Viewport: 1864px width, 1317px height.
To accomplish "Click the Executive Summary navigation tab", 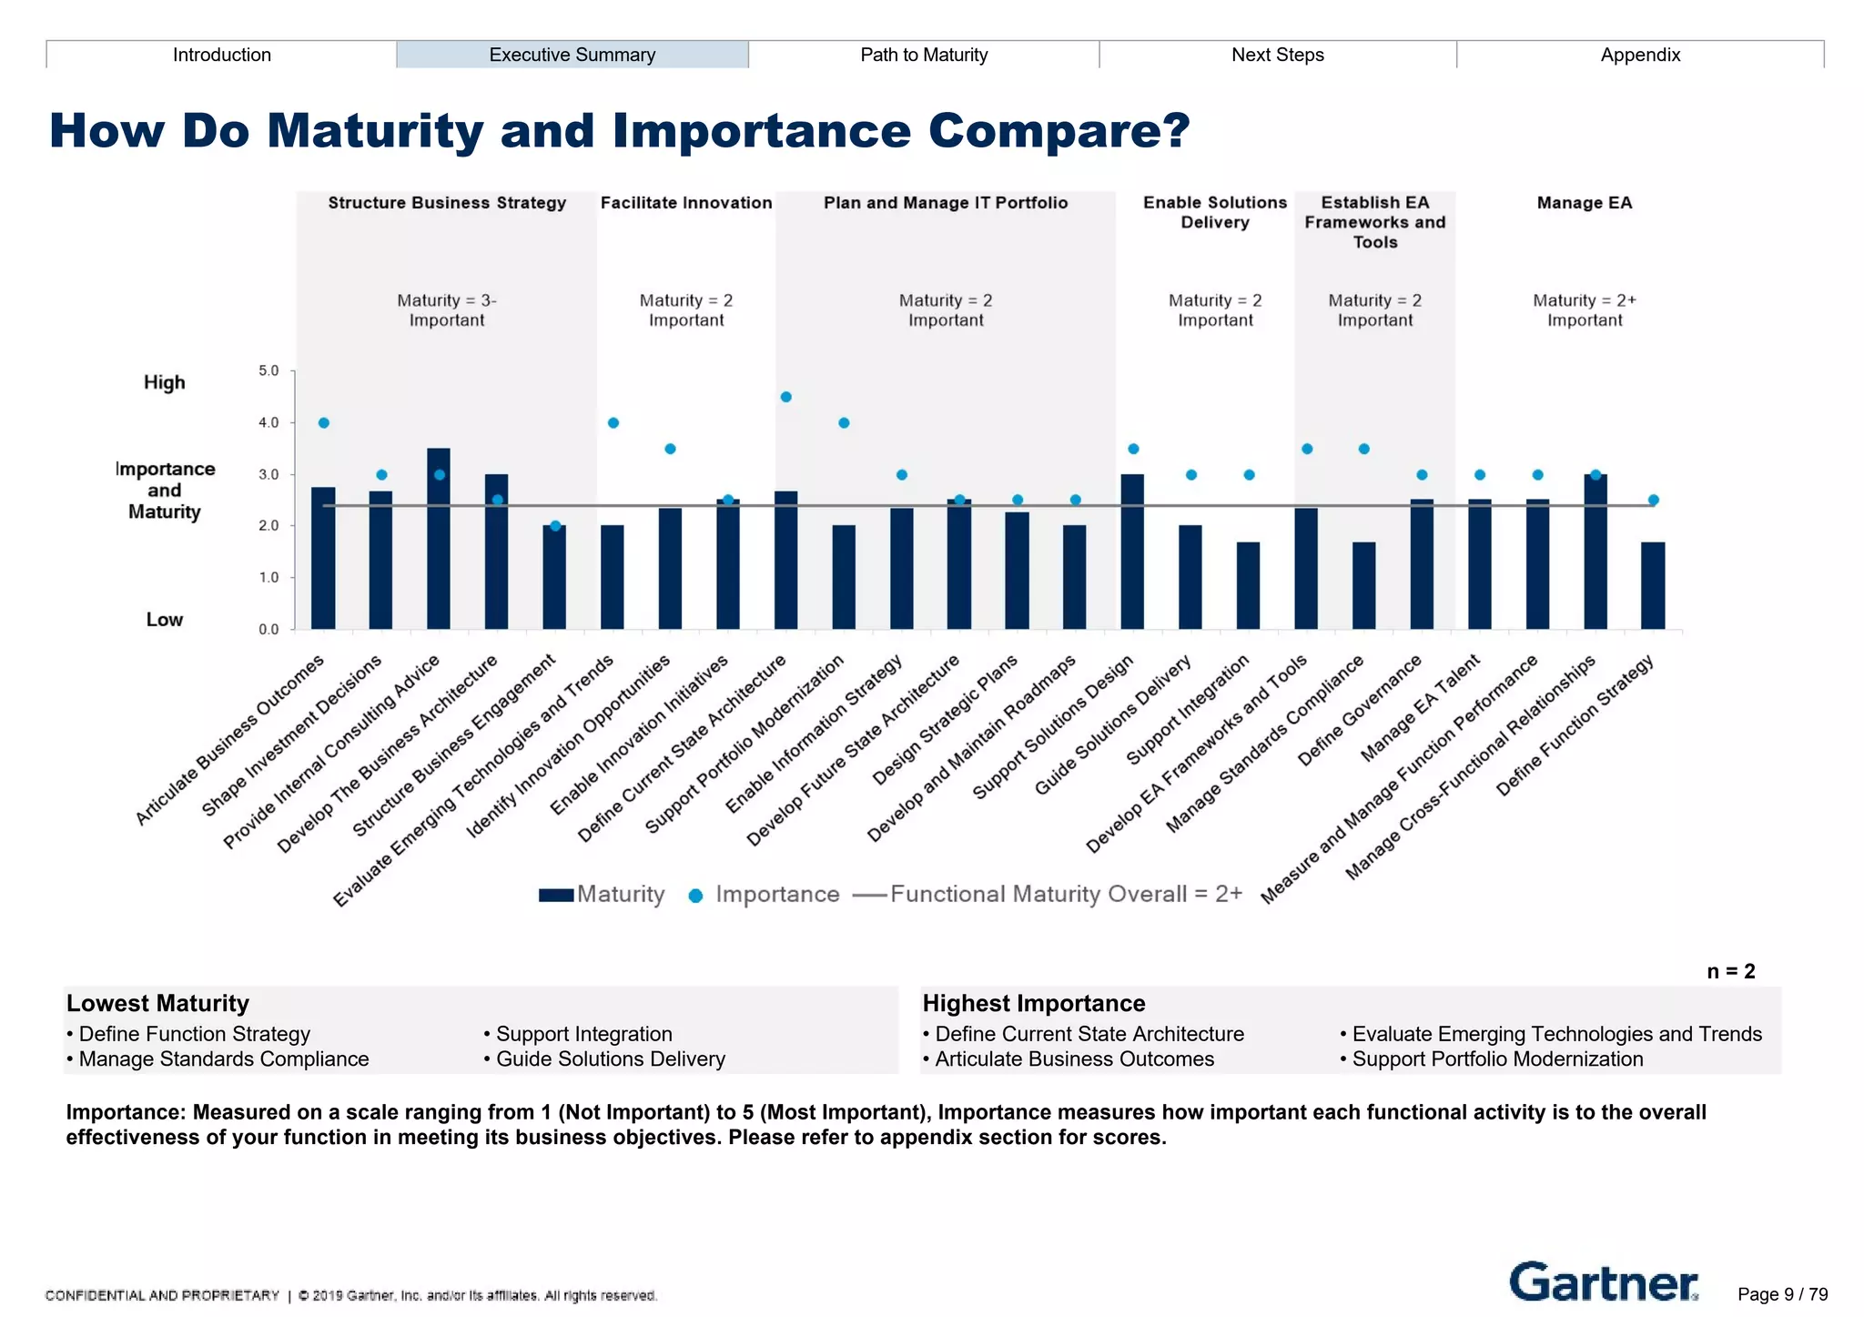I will (572, 55).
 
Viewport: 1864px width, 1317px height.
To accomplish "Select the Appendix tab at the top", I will (1639, 55).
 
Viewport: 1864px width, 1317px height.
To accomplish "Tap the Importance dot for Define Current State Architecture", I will (786, 397).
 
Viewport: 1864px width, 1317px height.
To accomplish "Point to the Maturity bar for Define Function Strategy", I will (1653, 586).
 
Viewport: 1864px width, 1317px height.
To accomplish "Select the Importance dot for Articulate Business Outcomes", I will (324, 423).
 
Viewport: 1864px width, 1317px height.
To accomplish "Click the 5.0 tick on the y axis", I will (268, 370).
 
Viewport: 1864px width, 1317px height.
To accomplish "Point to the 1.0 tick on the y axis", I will (268, 577).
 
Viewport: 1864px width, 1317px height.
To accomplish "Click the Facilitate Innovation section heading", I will (686, 203).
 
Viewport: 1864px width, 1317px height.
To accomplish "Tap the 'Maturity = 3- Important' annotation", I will (447, 310).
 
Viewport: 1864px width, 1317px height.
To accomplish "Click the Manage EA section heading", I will (1584, 203).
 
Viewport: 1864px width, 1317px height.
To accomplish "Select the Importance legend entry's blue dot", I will (695, 896).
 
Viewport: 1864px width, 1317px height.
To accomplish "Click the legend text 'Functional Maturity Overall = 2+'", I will (1066, 894).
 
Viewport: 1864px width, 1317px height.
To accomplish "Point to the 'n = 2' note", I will (1730, 971).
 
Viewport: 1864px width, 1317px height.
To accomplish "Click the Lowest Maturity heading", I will (157, 1003).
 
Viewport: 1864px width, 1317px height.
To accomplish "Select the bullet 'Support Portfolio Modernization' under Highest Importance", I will (1497, 1059).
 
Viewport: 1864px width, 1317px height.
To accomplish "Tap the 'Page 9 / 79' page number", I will (1782, 1294).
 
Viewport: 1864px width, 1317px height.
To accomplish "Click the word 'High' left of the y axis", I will (164, 382).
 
